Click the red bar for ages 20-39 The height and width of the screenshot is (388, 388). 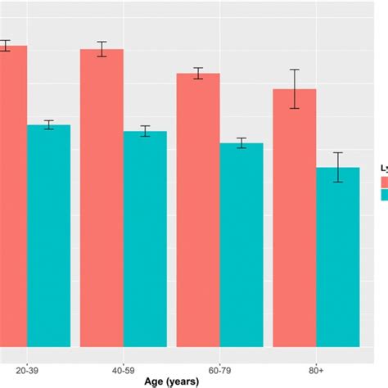pyautogui.click(x=13, y=196)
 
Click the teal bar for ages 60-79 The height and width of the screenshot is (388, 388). pyautogui.click(x=241, y=245)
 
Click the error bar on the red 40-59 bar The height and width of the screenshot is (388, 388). pyautogui.click(x=102, y=49)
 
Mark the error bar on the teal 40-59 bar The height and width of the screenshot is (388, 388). pyautogui.click(x=145, y=131)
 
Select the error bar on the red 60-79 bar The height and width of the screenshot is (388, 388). pyautogui.click(x=198, y=74)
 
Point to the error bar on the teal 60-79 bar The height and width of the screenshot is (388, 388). pyautogui.click(x=241, y=143)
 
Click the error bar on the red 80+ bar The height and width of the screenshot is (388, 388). pyautogui.click(x=294, y=88)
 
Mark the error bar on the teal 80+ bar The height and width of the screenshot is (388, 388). pyautogui.click(x=338, y=167)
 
